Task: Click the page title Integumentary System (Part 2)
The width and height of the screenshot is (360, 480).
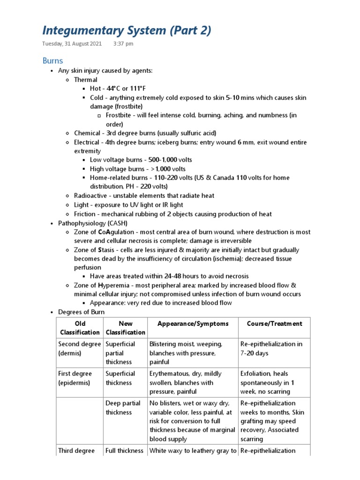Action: [127, 30]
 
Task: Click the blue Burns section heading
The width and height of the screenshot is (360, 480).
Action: [52, 60]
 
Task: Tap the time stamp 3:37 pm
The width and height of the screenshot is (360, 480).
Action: [123, 44]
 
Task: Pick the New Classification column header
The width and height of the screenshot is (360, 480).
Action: [125, 328]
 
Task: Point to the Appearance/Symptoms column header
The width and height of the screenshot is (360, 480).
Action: [193, 323]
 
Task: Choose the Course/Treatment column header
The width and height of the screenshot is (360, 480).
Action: [274, 323]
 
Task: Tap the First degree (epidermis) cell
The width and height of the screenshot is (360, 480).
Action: [75, 378]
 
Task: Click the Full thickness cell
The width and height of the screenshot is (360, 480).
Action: [124, 450]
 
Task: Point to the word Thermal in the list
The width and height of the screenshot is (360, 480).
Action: [86, 80]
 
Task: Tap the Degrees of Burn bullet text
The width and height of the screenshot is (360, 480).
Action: [82, 312]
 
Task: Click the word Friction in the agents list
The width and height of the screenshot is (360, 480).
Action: [84, 214]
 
